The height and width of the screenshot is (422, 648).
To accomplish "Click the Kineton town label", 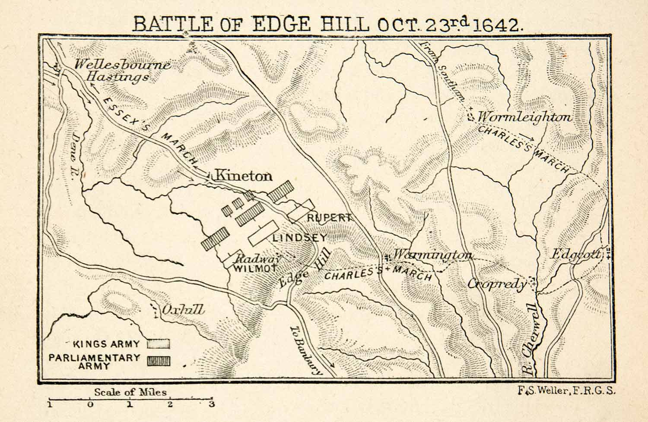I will (243, 176).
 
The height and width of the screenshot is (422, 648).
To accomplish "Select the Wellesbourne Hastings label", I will (122, 71).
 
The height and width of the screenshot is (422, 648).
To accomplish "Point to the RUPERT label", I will (329, 218).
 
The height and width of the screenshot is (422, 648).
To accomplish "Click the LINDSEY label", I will (299, 237).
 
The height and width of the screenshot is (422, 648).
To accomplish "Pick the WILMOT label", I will (254, 268).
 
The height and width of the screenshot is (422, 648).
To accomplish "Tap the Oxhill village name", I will (182, 310).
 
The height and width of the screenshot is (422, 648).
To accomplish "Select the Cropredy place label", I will (497, 283).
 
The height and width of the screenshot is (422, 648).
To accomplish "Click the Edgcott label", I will (575, 255).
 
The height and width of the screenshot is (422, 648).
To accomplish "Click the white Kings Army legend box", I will (158, 344).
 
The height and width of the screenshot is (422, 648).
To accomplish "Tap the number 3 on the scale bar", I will (211, 404).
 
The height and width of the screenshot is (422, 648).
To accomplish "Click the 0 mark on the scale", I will (90, 404).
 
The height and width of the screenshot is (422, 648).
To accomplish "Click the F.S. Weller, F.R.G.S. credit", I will (566, 391).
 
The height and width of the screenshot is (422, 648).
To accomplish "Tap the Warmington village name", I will (432, 255).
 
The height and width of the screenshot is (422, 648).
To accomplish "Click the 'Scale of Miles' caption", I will (130, 392).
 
